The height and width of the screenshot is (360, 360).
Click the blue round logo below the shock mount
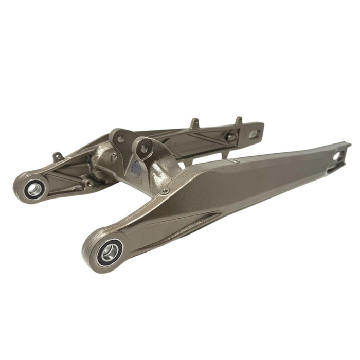tap(137, 167)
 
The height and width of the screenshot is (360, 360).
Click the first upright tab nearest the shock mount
tap(194, 123)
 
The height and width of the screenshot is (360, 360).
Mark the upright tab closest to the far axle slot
tap(238, 121)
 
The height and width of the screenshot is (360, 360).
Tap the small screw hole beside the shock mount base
tap(165, 191)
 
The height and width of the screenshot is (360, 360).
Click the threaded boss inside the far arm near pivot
tap(89, 183)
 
